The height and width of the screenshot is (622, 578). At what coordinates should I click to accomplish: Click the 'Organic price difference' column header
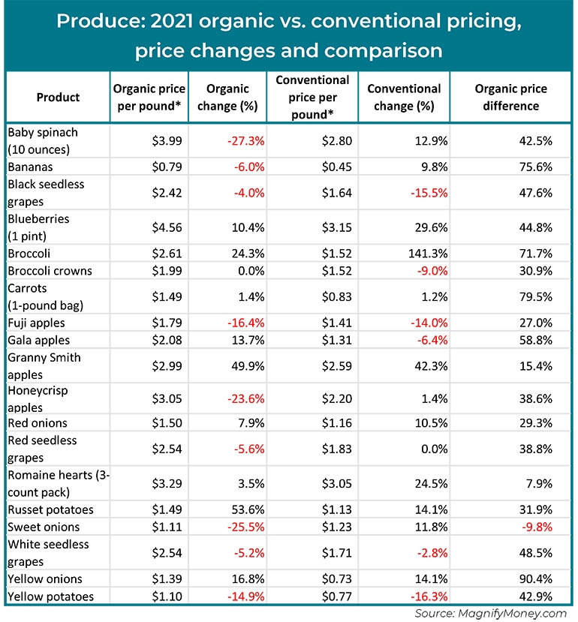(x=510, y=98)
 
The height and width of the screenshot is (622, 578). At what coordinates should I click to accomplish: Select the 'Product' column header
(x=58, y=98)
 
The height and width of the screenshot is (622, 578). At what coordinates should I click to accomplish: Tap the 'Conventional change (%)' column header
(x=404, y=98)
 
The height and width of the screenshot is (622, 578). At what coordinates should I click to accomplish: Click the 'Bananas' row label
(x=30, y=166)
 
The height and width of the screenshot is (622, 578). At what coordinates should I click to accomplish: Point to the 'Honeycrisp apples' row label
(x=41, y=399)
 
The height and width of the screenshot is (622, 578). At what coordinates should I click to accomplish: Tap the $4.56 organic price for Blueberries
(x=165, y=227)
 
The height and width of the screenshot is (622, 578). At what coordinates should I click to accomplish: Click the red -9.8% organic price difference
(x=537, y=527)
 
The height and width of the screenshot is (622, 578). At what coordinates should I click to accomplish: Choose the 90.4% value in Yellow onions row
(x=536, y=579)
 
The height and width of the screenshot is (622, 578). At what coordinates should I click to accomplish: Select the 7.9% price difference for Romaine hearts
(x=539, y=485)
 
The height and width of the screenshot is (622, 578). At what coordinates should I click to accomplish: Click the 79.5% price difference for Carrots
(x=536, y=296)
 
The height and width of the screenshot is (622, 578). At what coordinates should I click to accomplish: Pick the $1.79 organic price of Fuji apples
(x=165, y=323)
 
